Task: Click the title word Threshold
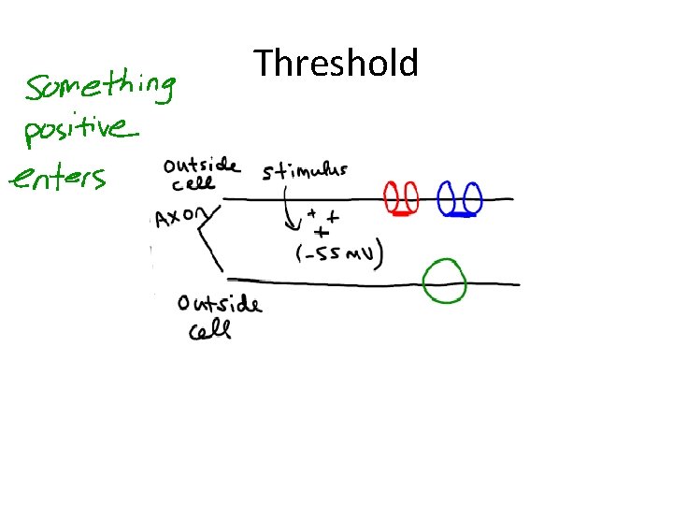click(336, 65)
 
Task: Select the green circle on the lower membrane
click(444, 281)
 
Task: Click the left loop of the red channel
click(393, 197)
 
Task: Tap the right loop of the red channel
click(411, 197)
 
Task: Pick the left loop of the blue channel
click(450, 198)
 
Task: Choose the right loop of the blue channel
click(472, 198)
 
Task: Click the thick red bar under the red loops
click(402, 214)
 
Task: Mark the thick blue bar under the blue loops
click(461, 215)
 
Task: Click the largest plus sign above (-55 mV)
click(322, 231)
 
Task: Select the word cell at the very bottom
click(210, 331)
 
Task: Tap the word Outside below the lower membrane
click(219, 303)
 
